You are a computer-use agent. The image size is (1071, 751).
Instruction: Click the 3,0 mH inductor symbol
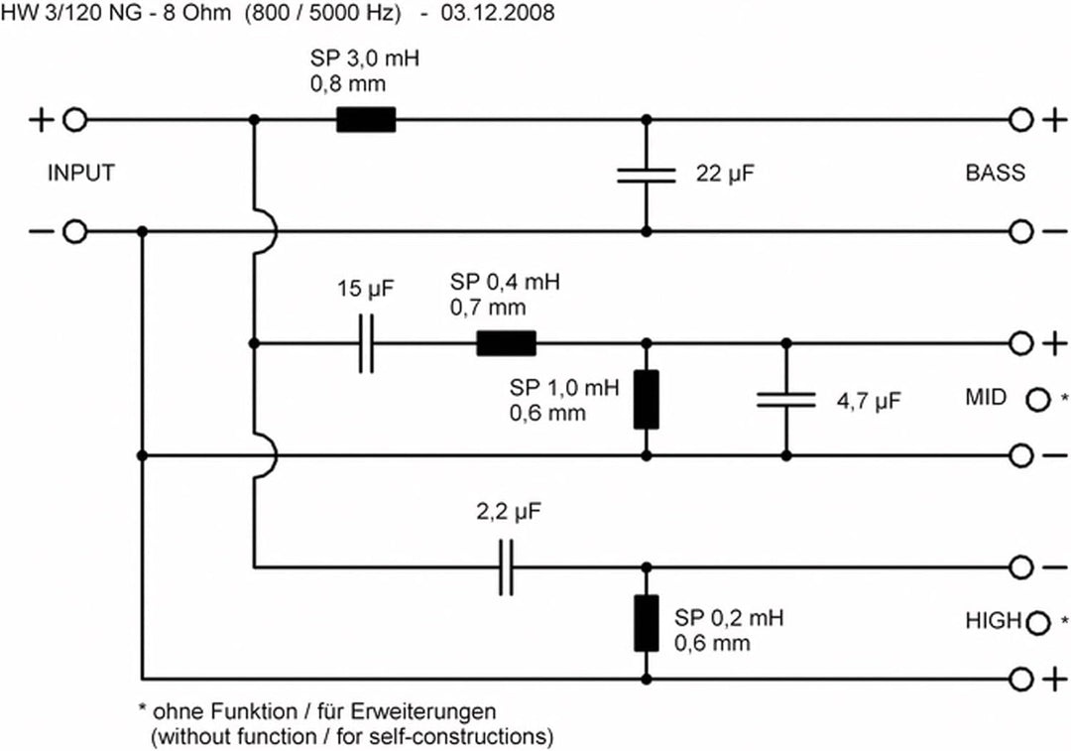(x=366, y=120)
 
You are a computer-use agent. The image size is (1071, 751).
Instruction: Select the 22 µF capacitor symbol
(x=647, y=176)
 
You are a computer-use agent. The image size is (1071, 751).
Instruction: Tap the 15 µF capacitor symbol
(x=367, y=343)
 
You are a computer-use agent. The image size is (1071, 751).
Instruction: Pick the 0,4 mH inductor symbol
(x=506, y=343)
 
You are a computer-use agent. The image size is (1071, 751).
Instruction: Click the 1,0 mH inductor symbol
(x=647, y=400)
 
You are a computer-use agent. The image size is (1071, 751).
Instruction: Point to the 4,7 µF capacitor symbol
(x=786, y=400)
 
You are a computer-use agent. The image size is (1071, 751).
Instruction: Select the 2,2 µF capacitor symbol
(x=506, y=567)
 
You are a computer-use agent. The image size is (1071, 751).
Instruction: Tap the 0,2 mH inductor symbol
(x=647, y=623)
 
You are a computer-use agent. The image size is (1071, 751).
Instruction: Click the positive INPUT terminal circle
(x=75, y=120)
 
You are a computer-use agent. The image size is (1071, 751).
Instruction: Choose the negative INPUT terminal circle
(x=75, y=232)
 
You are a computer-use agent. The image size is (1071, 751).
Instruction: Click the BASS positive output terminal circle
(x=1021, y=120)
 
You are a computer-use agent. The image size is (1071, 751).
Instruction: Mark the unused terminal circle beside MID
(x=1037, y=400)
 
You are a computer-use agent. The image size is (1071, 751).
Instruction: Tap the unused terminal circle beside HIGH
(x=1037, y=623)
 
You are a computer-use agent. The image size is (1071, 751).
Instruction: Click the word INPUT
(x=81, y=173)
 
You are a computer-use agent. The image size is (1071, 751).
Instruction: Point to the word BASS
(x=996, y=173)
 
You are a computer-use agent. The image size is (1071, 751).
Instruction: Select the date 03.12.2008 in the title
(x=498, y=12)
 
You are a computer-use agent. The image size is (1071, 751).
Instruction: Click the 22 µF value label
(x=725, y=174)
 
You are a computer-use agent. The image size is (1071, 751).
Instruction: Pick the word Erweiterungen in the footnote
(x=423, y=711)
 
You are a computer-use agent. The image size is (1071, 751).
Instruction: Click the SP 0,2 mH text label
(x=729, y=618)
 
